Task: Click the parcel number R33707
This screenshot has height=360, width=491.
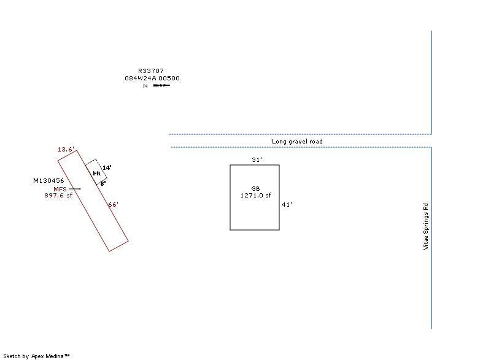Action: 151,71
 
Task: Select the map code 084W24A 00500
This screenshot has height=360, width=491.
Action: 152,78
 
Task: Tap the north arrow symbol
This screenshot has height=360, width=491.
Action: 161,85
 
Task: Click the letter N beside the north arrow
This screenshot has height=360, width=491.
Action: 145,86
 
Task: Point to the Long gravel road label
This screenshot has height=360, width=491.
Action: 297,142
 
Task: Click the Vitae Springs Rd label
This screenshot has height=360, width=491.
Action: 425,226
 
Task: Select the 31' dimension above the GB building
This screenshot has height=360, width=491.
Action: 257,160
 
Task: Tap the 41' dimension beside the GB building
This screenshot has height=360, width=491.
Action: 287,205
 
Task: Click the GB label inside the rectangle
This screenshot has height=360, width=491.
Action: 255,189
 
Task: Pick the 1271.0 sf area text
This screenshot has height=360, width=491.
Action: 255,196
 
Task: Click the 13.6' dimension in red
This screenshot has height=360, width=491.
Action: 66,150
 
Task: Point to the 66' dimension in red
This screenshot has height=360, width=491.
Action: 114,205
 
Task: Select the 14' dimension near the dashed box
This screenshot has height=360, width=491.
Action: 107,168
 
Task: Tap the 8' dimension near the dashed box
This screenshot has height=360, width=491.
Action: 103,183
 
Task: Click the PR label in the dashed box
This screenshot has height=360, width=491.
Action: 97,174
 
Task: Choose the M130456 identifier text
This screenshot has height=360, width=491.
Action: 48,181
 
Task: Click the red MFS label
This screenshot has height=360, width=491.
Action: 60,190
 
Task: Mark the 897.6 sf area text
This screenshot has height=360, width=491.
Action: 58,196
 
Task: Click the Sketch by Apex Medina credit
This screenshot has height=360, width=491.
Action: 36,356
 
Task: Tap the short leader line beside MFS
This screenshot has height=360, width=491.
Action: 75,189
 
